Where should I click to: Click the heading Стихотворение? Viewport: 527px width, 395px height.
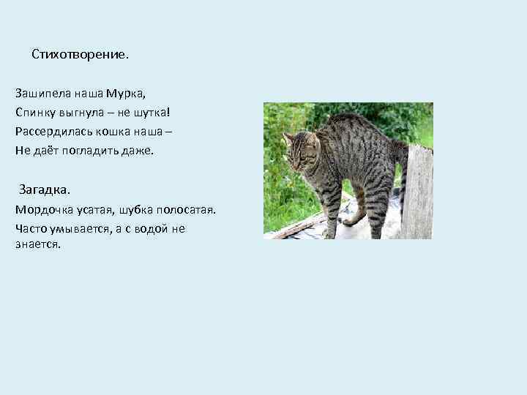pyautogui.click(x=80, y=55)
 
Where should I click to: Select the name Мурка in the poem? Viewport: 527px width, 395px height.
pyautogui.click(x=125, y=94)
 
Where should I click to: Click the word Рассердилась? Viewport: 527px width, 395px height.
pyautogui.click(x=48, y=132)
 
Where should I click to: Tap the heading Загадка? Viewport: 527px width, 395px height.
pyautogui.click(x=45, y=190)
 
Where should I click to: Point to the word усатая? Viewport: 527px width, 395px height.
pyautogui.click(x=92, y=210)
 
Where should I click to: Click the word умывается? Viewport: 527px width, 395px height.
pyautogui.click(x=72, y=229)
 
